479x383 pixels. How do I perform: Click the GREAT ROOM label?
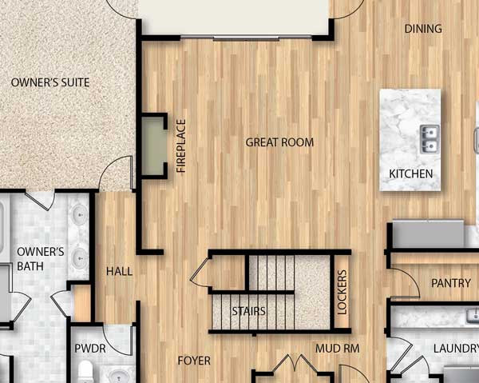[x=279, y=142]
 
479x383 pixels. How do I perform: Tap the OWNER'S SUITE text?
[x=50, y=82]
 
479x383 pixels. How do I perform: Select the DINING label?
[x=423, y=29]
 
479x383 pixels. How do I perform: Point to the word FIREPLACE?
[x=181, y=146]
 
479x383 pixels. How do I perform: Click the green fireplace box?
[x=153, y=146]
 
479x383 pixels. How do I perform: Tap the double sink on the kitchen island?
[x=430, y=139]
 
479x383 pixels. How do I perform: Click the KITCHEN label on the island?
[x=411, y=174]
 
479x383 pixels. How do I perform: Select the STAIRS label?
[x=248, y=311]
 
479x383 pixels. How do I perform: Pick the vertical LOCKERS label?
[x=342, y=292]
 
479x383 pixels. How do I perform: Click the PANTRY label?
[x=451, y=283]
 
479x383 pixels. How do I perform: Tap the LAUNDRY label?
[x=456, y=348]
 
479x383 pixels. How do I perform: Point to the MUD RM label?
[x=337, y=349]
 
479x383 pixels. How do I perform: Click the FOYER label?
[x=194, y=361]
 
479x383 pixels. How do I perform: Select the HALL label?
[x=119, y=271]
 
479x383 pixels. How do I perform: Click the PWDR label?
[x=90, y=349]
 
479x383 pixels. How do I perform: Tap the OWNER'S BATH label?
[x=41, y=259]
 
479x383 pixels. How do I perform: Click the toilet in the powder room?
[x=85, y=371]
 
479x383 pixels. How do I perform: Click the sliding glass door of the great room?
[x=246, y=38]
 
